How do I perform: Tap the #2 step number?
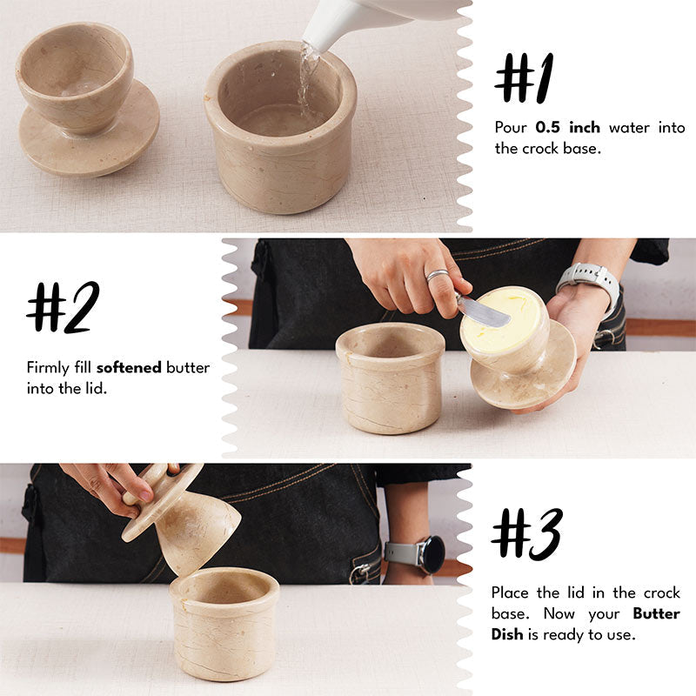coord(63,306)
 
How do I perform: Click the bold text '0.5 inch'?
coord(567,128)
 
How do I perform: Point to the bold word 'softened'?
coord(129,367)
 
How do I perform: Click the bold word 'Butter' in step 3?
coord(657,613)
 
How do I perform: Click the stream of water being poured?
coord(305,74)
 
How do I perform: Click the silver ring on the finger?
coord(437,276)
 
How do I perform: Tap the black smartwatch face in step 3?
coord(430,554)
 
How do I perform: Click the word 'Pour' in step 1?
coord(511,128)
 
